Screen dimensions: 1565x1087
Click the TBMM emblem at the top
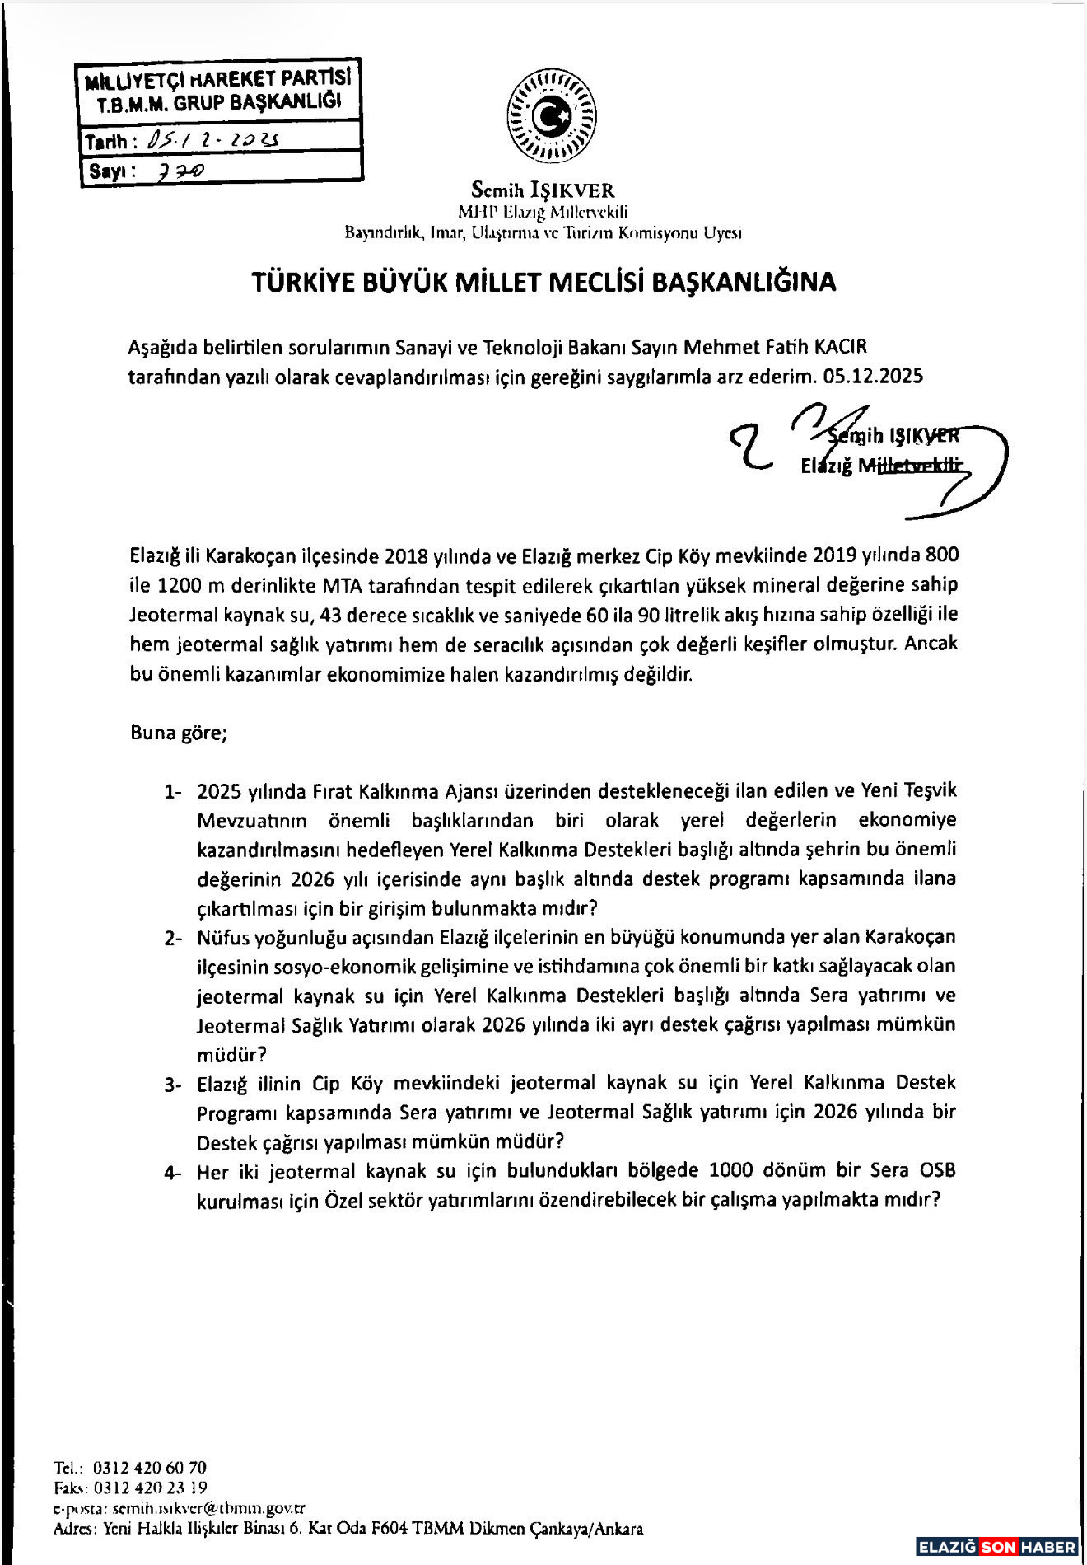pyautogui.click(x=552, y=117)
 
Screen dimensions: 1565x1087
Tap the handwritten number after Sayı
pyautogui.click(x=182, y=170)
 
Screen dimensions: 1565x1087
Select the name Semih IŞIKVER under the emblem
pyautogui.click(x=543, y=191)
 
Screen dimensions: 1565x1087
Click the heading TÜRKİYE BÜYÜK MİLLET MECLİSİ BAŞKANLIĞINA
pyautogui.click(x=543, y=282)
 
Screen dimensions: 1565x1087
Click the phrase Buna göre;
pyautogui.click(x=179, y=733)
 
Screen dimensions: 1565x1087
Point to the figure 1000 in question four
pyautogui.click(x=731, y=1171)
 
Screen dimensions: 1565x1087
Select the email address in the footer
pyautogui.click(x=208, y=1508)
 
